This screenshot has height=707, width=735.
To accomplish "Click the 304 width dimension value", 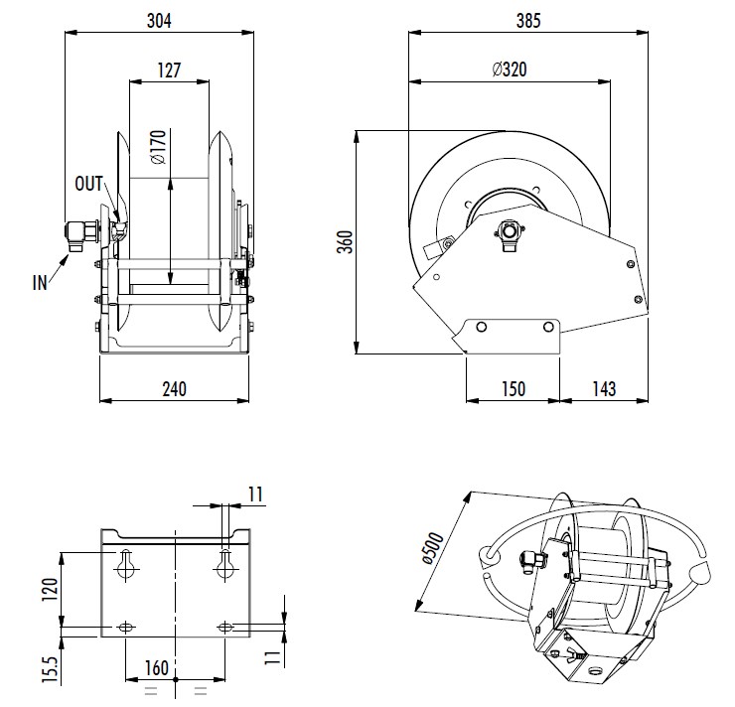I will tap(158, 19).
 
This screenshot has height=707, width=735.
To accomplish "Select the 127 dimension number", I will tap(168, 71).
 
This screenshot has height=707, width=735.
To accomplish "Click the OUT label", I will tap(89, 184).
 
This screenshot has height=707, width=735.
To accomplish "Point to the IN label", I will tap(40, 282).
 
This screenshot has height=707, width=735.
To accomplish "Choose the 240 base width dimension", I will tap(174, 388).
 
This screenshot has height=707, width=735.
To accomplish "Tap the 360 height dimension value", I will tap(344, 241).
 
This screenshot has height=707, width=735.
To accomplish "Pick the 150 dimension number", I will tap(513, 388).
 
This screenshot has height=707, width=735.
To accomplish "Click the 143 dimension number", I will tap(604, 388).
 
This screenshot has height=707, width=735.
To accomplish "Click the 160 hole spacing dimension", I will tap(156, 667).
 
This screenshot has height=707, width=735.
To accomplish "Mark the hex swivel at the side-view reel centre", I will tap(511, 232).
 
